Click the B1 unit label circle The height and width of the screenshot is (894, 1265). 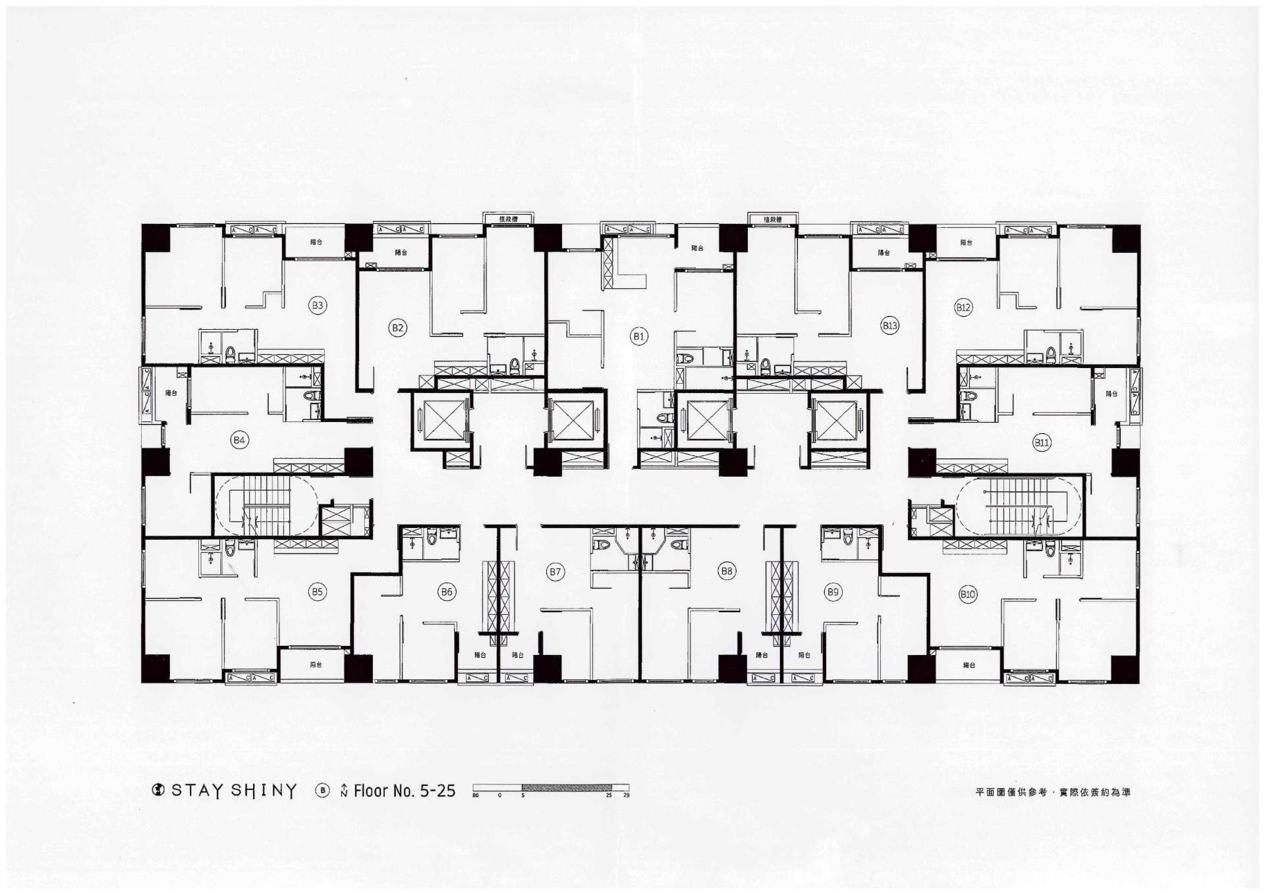click(638, 336)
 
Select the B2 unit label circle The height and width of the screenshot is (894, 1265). click(397, 328)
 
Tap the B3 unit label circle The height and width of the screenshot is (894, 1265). click(318, 305)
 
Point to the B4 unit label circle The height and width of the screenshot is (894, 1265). click(239, 440)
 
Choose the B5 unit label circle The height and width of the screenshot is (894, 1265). click(317, 592)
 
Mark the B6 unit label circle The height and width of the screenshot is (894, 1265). click(447, 592)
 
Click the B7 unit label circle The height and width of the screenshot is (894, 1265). click(555, 571)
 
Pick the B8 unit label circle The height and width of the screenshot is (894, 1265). click(727, 571)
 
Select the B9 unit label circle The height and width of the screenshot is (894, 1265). click(833, 592)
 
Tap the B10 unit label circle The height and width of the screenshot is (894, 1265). click(967, 594)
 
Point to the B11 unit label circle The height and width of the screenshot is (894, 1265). click(1042, 442)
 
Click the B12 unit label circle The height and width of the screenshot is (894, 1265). click(963, 307)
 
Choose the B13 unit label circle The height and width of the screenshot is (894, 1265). click(890, 325)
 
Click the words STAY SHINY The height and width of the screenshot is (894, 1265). click(234, 791)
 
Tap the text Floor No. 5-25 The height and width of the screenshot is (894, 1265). click(404, 791)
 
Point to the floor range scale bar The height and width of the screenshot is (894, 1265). click(551, 788)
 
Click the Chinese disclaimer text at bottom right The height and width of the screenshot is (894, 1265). click(1052, 792)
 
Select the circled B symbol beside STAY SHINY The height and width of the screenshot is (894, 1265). click(322, 791)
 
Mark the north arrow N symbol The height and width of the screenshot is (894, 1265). click(344, 791)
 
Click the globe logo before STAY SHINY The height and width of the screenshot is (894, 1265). click(158, 790)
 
